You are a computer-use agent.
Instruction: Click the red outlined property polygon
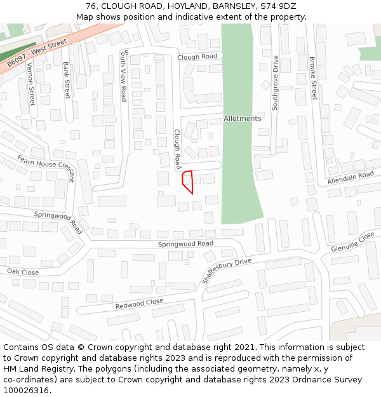187,181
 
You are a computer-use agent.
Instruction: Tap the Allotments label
242,119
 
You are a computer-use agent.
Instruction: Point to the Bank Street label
67,80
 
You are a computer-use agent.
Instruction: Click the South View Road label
124,75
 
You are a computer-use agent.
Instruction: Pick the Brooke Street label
312,78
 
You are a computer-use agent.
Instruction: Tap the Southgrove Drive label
276,83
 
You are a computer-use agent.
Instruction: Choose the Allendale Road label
351,178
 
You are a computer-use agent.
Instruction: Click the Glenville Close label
353,241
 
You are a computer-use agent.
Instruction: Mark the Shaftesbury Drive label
226,271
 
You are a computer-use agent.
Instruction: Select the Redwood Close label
139,304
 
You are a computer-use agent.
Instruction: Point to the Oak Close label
23,272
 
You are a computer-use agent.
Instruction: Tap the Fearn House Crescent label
46,168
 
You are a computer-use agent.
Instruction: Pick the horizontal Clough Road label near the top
197,57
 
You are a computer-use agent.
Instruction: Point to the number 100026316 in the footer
26,391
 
